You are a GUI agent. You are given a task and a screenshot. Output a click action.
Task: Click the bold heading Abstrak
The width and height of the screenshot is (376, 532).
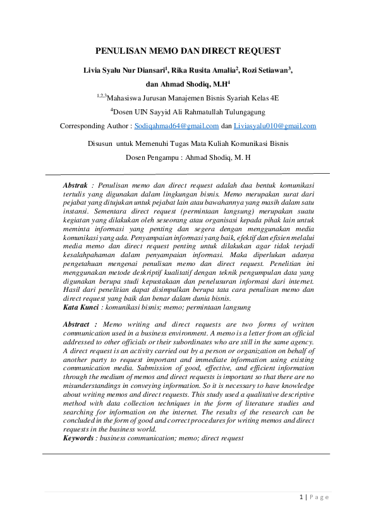point(75,184)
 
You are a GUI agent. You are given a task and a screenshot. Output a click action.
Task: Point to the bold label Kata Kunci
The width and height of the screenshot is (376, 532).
point(80,307)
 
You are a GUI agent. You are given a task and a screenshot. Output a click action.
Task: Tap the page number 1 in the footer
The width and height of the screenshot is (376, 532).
point(301,497)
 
